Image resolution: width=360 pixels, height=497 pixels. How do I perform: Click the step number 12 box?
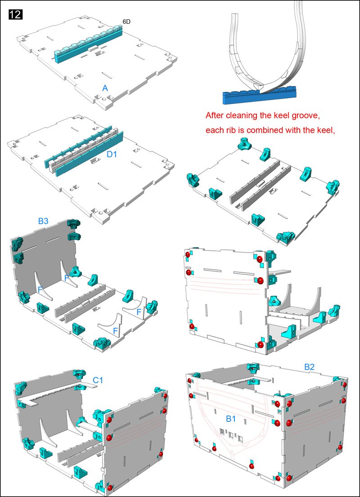15,14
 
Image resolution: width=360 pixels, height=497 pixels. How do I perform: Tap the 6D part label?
127,22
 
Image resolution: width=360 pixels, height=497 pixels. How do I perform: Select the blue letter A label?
105,89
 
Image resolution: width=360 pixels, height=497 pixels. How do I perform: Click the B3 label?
44,221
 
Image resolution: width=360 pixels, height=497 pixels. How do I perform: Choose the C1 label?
98,380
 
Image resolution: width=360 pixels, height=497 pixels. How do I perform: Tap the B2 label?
309,367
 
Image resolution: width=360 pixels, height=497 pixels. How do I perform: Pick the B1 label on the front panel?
231,419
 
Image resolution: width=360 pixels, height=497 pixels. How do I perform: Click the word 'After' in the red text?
215,116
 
